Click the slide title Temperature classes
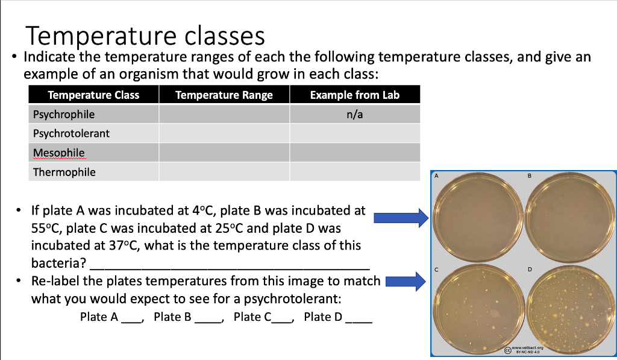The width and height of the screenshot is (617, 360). tap(144, 36)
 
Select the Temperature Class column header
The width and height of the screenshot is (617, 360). tap(93, 95)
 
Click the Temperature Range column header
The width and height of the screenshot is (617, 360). tap(224, 95)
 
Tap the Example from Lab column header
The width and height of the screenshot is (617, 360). tap(354, 95)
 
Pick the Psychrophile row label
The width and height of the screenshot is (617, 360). tap(64, 114)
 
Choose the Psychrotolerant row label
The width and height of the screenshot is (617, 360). tap(71, 133)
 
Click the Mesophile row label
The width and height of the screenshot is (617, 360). tap(59, 153)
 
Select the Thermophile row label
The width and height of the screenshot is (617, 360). tap(64, 172)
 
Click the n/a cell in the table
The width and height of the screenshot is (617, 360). tap(354, 114)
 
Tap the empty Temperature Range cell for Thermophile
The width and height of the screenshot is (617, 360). tap(224, 172)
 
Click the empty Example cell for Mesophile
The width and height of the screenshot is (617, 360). tap(354, 153)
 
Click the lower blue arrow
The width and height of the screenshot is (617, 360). tap(401, 280)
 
